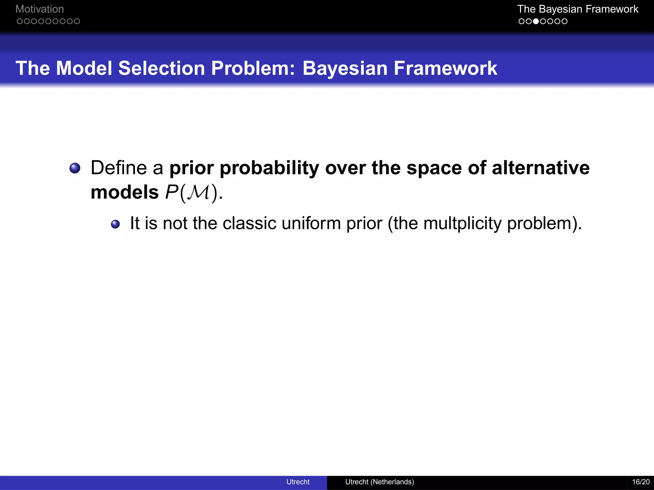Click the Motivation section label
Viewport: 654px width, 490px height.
(40, 9)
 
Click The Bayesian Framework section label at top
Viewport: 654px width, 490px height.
(577, 9)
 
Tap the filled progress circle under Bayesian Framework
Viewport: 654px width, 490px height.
(536, 21)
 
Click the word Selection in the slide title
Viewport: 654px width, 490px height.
(161, 68)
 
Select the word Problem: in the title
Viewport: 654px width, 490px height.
(253, 68)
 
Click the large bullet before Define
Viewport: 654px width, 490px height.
(75, 168)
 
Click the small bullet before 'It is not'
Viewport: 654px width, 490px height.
(115, 224)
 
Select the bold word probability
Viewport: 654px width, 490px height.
(269, 168)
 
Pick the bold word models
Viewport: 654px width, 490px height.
(125, 192)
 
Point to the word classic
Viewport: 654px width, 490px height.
(249, 223)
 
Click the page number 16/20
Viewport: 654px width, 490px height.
(641, 482)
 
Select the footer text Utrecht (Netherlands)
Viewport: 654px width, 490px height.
(379, 482)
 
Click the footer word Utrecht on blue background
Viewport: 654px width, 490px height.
(298, 482)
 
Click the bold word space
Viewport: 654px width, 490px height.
(434, 168)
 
